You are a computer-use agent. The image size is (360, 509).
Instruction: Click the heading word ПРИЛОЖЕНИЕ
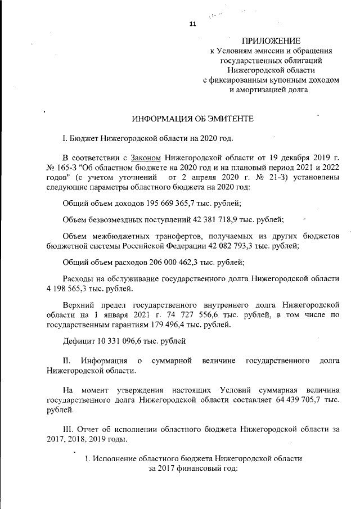click(x=271, y=40)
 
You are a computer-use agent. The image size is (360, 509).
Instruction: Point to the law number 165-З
click(x=72, y=168)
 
